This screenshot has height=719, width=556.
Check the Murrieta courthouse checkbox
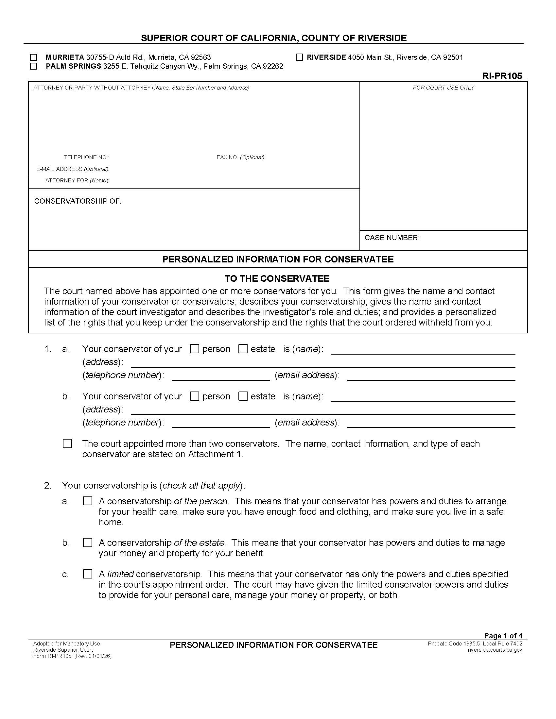(33, 58)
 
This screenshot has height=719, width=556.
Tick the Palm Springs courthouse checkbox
(33, 66)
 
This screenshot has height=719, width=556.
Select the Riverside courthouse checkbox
(299, 58)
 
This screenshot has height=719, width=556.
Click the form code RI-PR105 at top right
(502, 76)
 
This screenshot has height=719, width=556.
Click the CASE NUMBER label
(391, 238)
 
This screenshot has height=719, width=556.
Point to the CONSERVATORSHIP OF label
(78, 201)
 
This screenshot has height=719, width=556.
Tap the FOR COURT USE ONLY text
(443, 88)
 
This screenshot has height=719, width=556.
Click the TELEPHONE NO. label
(86, 158)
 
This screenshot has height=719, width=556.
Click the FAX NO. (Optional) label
(241, 158)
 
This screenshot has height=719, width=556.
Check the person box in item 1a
(195, 349)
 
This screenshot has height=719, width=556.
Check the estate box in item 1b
(243, 396)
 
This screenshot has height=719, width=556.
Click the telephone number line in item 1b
(221, 424)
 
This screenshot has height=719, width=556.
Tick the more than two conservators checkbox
(67, 444)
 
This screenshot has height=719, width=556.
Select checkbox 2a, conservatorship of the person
(87, 501)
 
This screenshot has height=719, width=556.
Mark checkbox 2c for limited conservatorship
(87, 574)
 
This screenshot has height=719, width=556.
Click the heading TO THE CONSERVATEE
(277, 279)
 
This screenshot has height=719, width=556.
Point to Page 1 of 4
(503, 636)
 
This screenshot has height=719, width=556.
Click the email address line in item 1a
(431, 377)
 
